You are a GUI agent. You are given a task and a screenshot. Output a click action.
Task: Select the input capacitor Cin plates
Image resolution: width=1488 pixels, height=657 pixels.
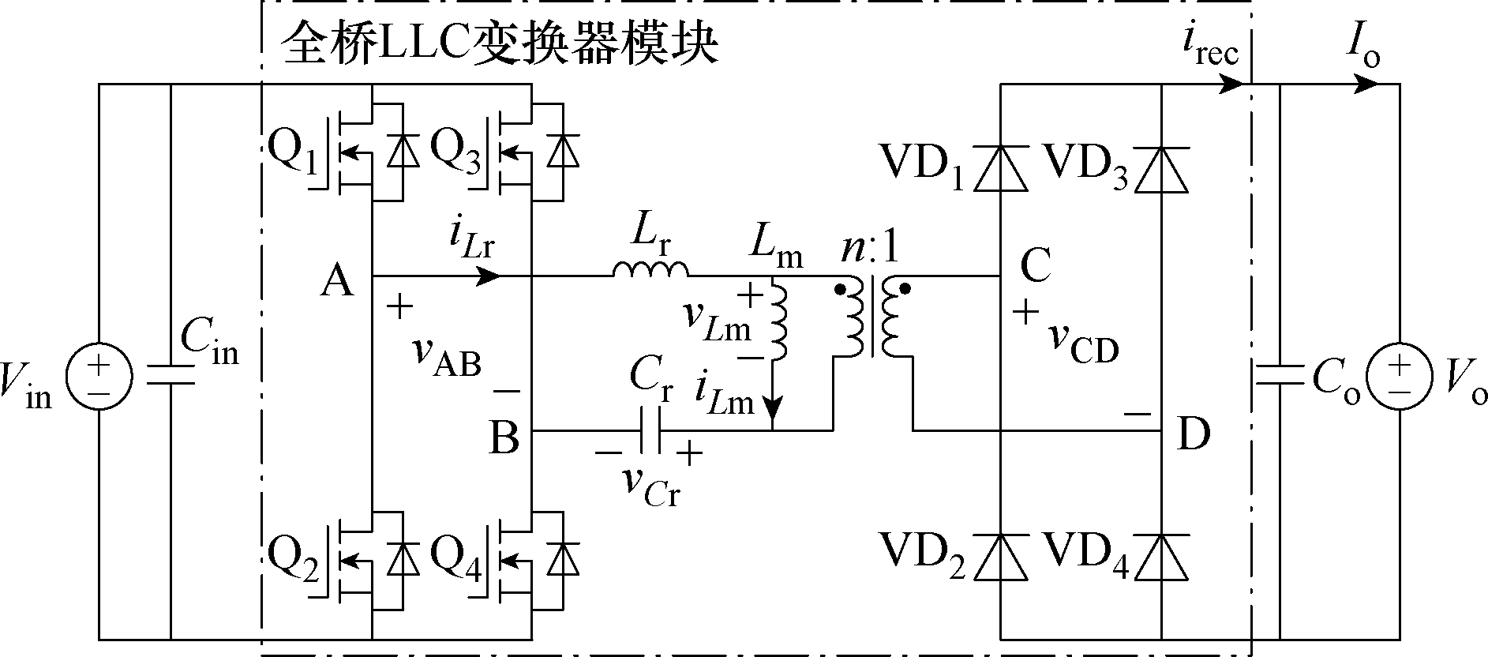click(x=170, y=375)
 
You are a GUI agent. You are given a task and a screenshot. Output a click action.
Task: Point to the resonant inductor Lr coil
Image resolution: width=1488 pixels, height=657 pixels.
click(x=650, y=270)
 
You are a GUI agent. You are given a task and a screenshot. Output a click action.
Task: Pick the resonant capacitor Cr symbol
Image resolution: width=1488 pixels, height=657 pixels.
click(x=650, y=431)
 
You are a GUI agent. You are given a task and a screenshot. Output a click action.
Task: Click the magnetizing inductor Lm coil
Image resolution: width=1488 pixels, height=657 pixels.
click(x=779, y=319)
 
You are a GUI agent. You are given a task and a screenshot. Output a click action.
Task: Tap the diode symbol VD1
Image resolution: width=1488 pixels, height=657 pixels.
click(x=1000, y=168)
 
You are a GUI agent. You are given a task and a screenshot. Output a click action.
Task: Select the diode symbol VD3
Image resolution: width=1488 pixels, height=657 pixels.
click(x=1161, y=168)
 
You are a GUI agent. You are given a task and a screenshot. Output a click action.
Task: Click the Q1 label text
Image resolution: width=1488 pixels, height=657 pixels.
click(x=293, y=152)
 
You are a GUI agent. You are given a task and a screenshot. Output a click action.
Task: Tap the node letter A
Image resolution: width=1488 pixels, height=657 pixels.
click(x=337, y=280)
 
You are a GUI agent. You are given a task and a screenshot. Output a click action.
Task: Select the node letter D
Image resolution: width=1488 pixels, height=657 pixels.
click(x=1194, y=434)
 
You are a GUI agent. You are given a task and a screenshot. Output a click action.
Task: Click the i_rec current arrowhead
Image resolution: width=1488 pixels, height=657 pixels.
click(x=1231, y=84)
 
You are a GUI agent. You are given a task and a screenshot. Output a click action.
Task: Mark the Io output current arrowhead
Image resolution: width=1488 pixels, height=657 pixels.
click(x=1363, y=84)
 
